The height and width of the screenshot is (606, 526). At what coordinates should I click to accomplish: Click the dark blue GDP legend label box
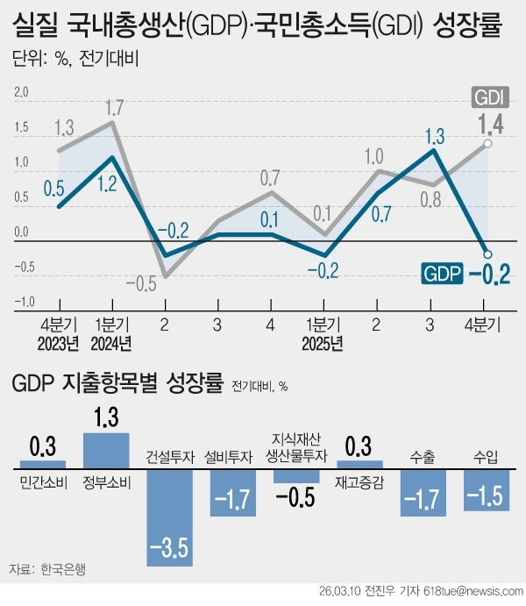click(x=442, y=273)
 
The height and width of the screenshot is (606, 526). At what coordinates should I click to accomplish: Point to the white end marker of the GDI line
click(x=487, y=144)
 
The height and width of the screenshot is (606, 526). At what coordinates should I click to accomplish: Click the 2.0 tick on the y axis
click(x=21, y=91)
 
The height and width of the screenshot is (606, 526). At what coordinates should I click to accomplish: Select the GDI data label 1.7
click(x=113, y=109)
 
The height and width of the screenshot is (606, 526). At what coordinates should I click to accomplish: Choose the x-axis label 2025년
click(x=324, y=342)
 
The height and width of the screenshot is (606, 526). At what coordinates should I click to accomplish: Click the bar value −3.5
click(x=170, y=550)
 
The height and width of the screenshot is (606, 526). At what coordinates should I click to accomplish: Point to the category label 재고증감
click(x=359, y=481)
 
